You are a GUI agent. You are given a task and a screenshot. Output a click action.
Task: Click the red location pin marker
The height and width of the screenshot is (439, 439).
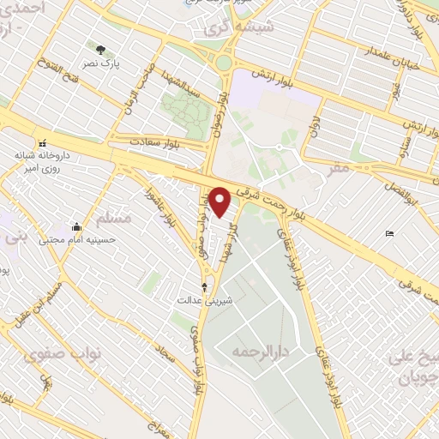coord(221,202)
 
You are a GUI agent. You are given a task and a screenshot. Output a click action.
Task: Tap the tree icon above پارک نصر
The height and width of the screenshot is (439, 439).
coord(101,51)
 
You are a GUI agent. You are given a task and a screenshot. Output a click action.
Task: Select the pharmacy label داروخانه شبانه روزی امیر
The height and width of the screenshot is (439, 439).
coord(38,164)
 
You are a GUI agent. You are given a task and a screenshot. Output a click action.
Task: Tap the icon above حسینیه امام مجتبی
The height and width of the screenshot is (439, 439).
coord(77,227)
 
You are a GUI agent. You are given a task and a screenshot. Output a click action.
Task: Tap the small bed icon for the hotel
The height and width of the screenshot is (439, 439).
coord(390,233)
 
